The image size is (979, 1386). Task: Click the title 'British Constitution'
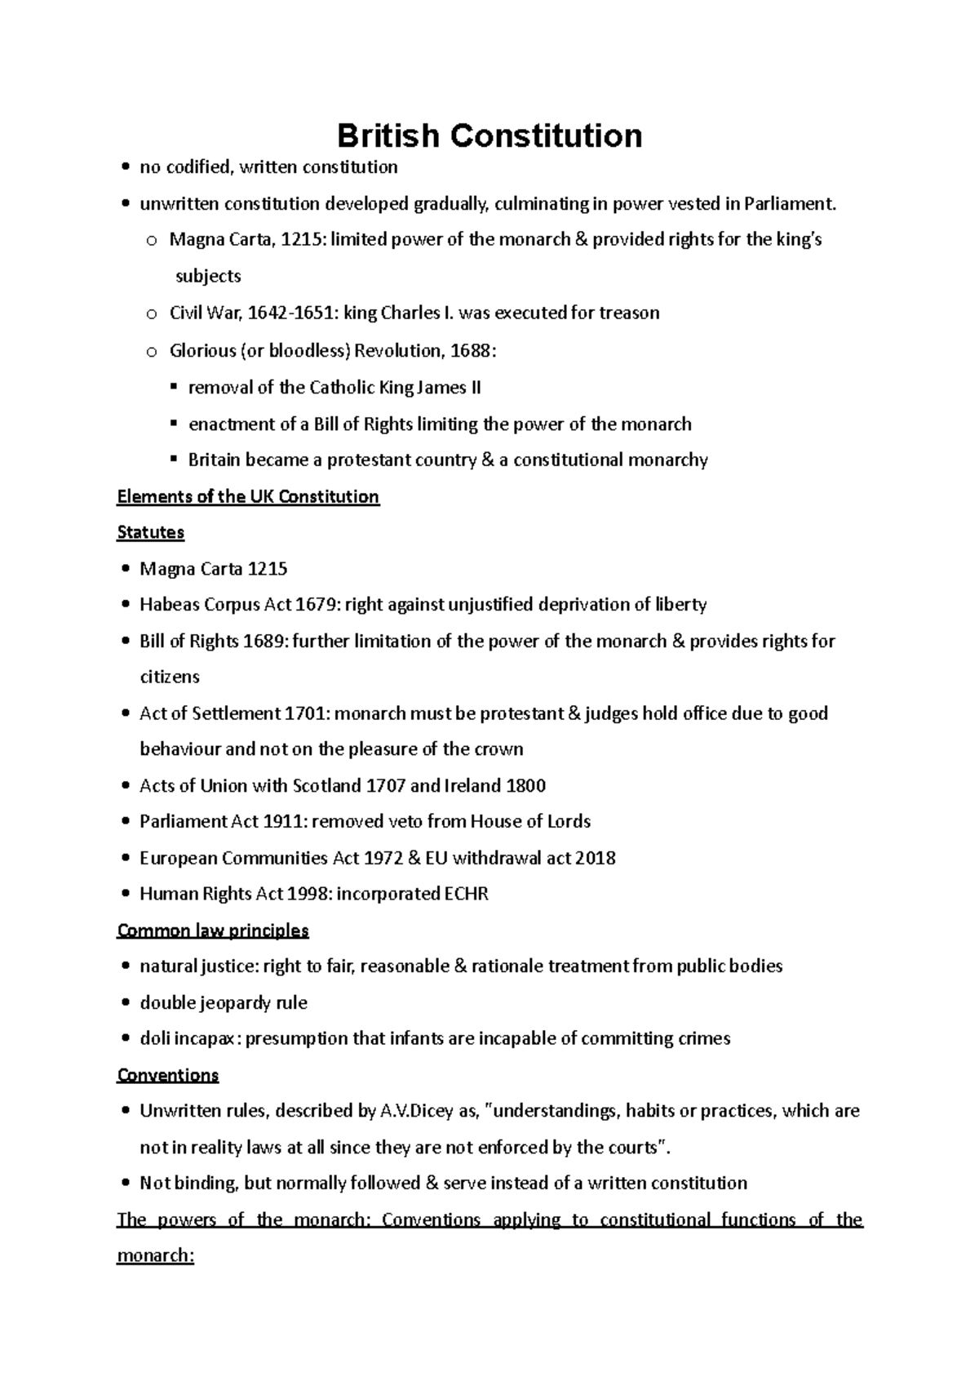pyautogui.click(x=489, y=135)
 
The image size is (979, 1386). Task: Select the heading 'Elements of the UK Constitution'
pyautogui.click(x=248, y=497)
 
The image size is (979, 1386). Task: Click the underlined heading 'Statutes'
pyautogui.click(x=151, y=533)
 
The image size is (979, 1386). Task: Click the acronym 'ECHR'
pyautogui.click(x=467, y=895)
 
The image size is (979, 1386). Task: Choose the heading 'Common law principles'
pyautogui.click(x=213, y=931)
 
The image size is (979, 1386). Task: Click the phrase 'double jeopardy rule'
pyautogui.click(x=223, y=1003)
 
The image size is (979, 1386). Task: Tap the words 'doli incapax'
pyautogui.click(x=189, y=1039)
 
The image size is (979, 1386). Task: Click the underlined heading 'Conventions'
pyautogui.click(x=168, y=1075)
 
